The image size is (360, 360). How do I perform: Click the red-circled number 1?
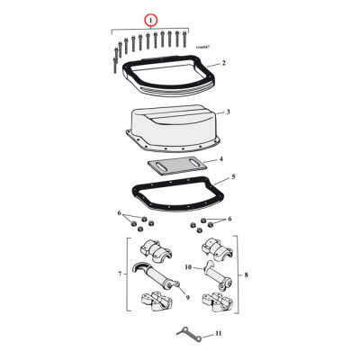(x=151, y=18)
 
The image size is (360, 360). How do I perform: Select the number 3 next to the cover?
(x=228, y=112)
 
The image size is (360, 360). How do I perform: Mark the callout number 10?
(x=189, y=266)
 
